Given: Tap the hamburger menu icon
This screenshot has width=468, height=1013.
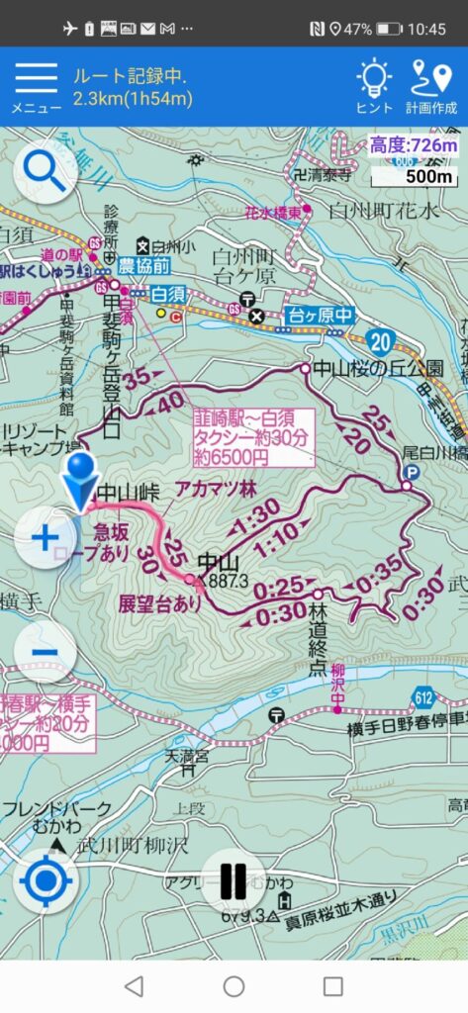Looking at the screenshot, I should pyautogui.click(x=36, y=79).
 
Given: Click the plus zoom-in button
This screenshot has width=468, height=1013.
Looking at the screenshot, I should pyautogui.click(x=46, y=538).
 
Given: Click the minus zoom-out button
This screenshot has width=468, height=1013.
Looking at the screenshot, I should pyautogui.click(x=46, y=652).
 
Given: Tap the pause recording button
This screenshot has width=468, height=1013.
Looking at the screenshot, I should pyautogui.click(x=234, y=880).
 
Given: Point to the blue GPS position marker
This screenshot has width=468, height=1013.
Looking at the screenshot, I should pyautogui.click(x=80, y=479).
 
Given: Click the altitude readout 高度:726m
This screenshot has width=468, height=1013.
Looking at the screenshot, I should pyautogui.click(x=415, y=146).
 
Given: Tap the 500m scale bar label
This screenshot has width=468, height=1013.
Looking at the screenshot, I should pyautogui.click(x=427, y=176).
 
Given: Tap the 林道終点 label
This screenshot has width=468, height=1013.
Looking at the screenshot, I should pyautogui.click(x=318, y=620).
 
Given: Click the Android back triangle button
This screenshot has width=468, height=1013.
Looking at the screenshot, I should pyautogui.click(x=135, y=985).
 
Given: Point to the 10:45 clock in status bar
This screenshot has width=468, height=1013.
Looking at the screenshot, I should pyautogui.click(x=426, y=29).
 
